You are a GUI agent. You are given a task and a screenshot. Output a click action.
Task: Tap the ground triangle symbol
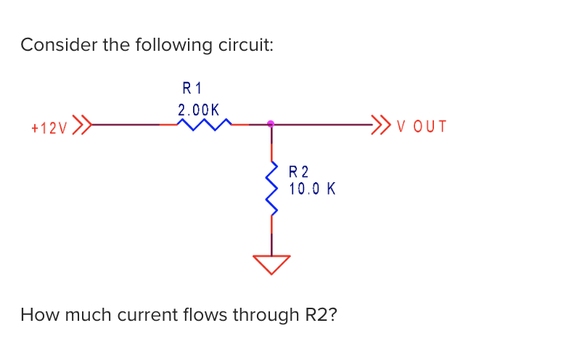(272, 263)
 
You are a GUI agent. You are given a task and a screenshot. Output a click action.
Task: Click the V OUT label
(422, 127)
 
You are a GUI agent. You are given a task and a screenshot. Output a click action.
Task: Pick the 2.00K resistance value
(198, 110)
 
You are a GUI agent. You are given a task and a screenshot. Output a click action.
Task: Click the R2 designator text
(298, 172)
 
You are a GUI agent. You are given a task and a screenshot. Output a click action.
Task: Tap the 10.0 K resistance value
(311, 189)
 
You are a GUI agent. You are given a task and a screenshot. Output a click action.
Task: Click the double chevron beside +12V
(83, 126)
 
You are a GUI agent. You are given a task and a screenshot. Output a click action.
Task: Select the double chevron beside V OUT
(380, 125)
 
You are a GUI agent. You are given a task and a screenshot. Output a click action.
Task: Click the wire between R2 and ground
(272, 236)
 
